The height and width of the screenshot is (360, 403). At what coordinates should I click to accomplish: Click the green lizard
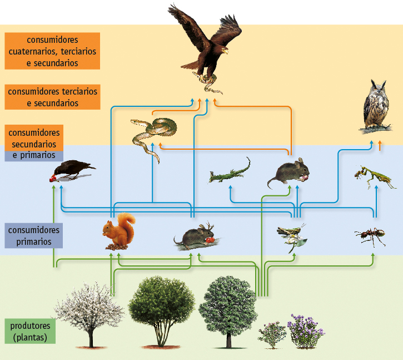point(230,172)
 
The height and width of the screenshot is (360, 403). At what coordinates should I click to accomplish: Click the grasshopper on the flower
point(291,234)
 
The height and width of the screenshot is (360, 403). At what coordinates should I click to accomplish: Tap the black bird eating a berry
point(72,170)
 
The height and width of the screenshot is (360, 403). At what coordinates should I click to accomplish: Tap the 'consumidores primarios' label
point(33,235)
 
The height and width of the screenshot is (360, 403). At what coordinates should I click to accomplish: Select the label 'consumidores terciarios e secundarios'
point(52,97)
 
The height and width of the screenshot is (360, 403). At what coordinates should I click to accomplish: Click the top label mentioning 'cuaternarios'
point(52,51)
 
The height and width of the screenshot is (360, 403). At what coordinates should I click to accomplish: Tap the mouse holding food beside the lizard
point(289,173)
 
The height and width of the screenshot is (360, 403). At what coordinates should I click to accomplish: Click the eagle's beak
point(225,51)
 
